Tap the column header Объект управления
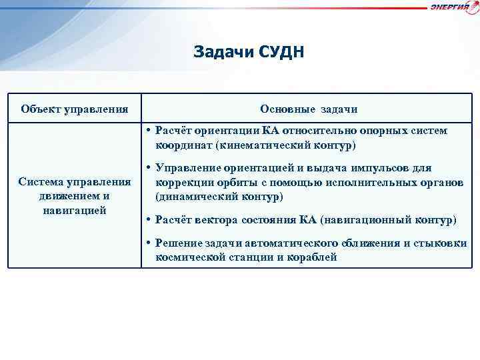pos(75,109)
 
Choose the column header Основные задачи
pos(309,109)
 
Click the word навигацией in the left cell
pos(74,210)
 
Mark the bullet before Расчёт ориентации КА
pos(147,131)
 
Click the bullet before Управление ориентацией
pos(147,168)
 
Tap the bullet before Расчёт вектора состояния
pos(147,219)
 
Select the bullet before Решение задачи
pos(147,243)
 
